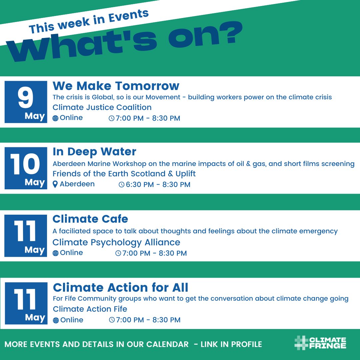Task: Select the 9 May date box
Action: (26, 102)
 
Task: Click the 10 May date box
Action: (26, 168)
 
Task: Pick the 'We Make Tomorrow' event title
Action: (116, 86)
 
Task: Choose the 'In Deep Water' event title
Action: (94, 152)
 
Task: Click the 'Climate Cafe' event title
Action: (90, 219)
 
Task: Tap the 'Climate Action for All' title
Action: (120, 287)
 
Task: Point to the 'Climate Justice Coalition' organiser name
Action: (102, 107)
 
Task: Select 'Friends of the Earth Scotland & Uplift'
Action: (124, 174)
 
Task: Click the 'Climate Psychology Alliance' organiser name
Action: (116, 242)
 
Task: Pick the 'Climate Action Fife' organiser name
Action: (90, 309)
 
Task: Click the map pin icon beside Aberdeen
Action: (55, 184)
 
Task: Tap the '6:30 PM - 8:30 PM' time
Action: (158, 185)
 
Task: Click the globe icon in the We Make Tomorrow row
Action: (55, 118)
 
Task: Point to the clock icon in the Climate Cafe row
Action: (118, 253)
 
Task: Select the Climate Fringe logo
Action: (320, 343)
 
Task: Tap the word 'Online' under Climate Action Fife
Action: (72, 320)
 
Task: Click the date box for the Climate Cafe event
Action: (26, 236)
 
